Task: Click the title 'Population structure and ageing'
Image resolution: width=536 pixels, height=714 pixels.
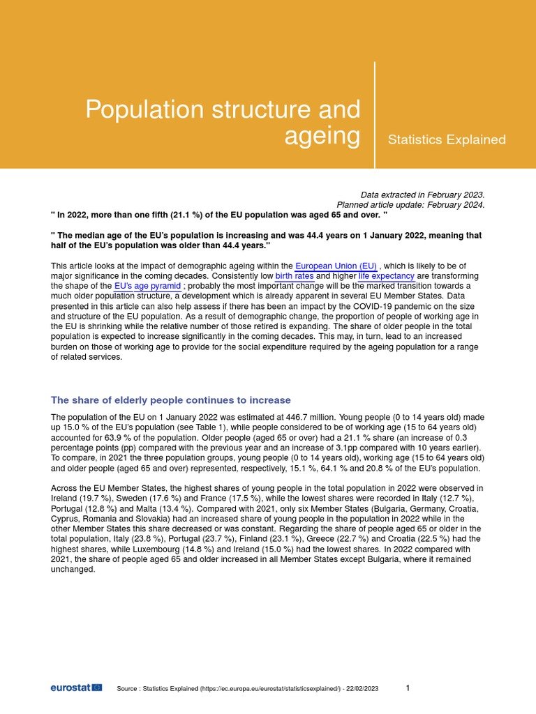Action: coord(223,123)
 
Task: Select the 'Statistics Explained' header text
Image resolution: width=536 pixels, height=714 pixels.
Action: coord(447,139)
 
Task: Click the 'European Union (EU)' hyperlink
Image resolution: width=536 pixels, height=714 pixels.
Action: coord(336,266)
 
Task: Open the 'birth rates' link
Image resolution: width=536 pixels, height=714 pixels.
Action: coord(294,276)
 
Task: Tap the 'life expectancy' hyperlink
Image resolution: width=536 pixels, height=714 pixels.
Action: coord(387,276)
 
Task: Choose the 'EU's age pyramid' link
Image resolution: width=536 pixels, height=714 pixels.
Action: coord(147,286)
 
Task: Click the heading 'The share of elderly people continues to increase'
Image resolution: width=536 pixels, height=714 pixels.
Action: coord(171,400)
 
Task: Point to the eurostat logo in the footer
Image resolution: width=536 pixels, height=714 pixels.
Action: coord(76,688)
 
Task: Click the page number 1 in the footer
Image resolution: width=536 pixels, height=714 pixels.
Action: coord(408,688)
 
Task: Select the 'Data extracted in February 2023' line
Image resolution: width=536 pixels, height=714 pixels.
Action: coord(422,195)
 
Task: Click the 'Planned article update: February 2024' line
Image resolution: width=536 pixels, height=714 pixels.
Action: coord(410,205)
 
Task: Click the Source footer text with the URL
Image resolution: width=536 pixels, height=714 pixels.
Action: coord(248,688)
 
